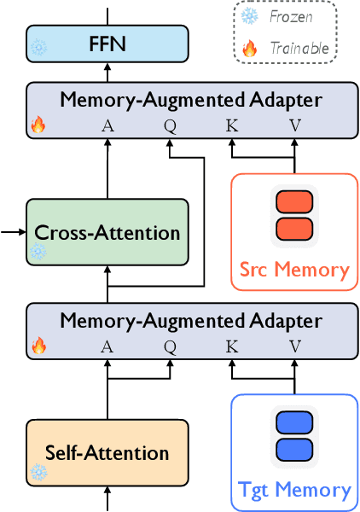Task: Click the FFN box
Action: (x=107, y=42)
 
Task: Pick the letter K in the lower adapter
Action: (x=231, y=346)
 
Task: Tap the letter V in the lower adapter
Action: (x=294, y=346)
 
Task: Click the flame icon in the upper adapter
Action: (x=38, y=125)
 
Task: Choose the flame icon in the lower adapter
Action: (x=38, y=346)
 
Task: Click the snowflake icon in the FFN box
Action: (x=39, y=48)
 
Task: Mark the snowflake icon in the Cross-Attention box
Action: (x=38, y=252)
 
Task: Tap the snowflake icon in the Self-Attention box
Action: (x=38, y=472)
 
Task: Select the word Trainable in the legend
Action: (x=299, y=48)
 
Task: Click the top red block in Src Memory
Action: (x=294, y=205)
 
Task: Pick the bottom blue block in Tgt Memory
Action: (x=294, y=448)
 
